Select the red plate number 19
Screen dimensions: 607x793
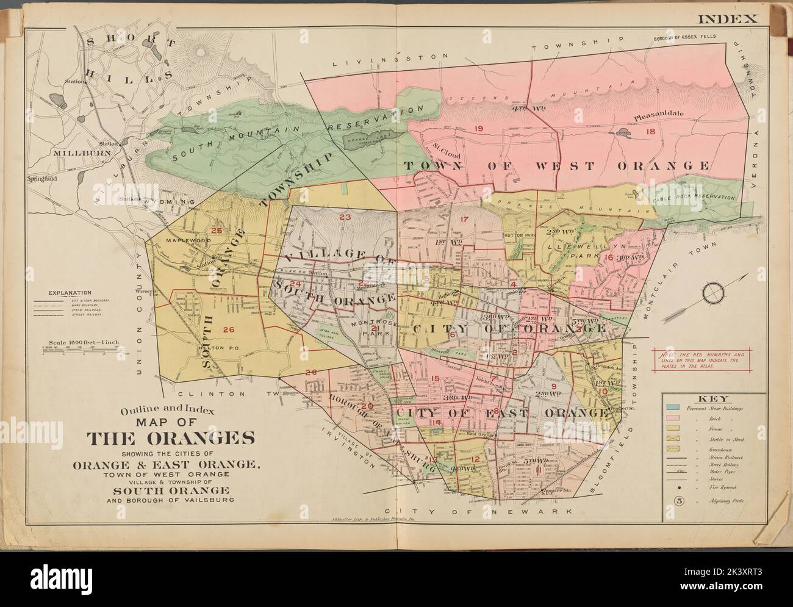point(478,128)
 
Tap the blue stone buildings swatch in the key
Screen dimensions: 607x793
point(674,408)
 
